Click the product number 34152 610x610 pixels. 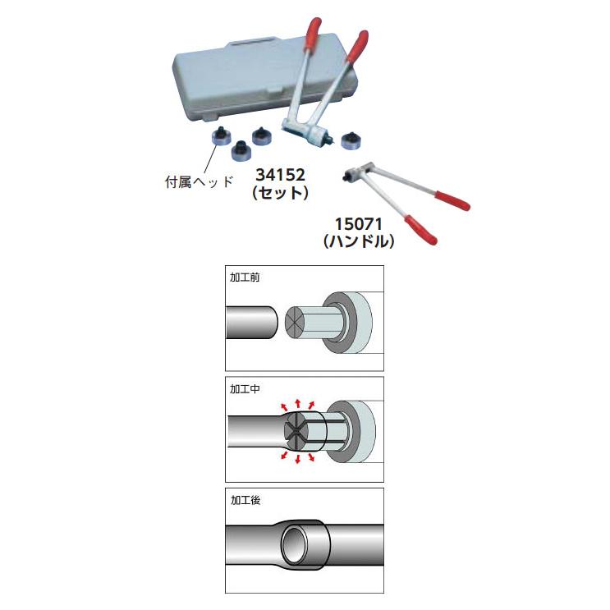tap(280, 175)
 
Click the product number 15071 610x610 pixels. tap(359, 224)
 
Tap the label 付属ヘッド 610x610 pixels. tap(200, 181)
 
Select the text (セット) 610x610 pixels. tap(280, 193)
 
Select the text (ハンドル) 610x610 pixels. tap(359, 241)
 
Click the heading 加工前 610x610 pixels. tap(245, 277)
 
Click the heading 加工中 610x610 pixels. tap(245, 388)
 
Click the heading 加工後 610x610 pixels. tap(245, 500)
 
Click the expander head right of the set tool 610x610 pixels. tap(351, 142)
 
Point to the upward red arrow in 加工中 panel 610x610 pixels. tap(298, 403)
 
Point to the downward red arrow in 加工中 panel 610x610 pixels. tap(298, 459)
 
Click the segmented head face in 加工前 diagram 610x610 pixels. tap(294, 323)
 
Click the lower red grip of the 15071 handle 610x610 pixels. tap(420, 230)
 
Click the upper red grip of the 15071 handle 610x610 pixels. tap(452, 201)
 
